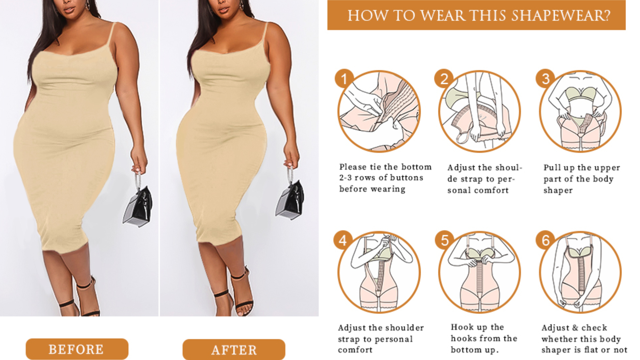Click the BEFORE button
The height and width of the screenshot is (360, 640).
coord(77,349)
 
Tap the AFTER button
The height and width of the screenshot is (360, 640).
coord(234,350)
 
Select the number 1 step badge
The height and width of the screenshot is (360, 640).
coord(344,79)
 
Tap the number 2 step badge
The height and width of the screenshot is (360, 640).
coord(444,79)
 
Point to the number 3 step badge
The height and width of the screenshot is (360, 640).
coord(545,79)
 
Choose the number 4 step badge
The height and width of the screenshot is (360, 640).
coord(343,240)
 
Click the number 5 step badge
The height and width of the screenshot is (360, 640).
coord(445,240)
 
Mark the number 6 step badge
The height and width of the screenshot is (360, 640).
coord(545,240)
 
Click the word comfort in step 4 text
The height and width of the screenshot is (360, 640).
coord(355,350)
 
